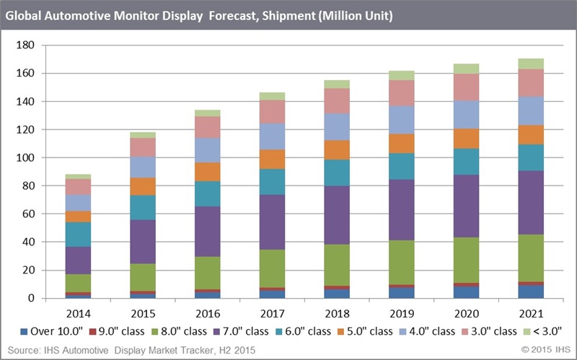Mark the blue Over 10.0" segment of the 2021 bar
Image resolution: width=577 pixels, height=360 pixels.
(x=531, y=291)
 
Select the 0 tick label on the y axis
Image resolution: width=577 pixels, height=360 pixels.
(x=31, y=298)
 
